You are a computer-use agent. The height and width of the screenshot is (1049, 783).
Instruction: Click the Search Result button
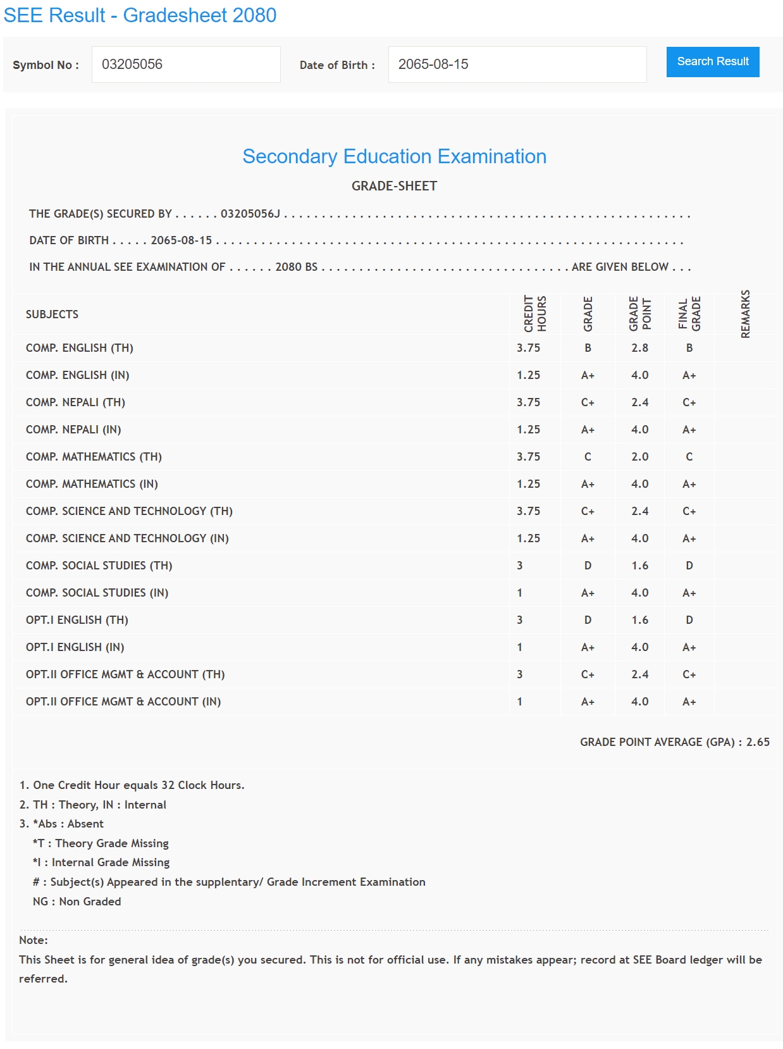coord(712,62)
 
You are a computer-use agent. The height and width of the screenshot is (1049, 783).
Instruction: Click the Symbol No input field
coord(186,65)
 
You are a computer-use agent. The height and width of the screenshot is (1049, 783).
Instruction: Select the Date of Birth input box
coord(517,65)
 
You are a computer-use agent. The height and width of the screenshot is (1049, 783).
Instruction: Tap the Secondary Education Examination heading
coord(394,156)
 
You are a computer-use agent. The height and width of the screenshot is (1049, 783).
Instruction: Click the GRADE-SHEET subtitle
coord(394,186)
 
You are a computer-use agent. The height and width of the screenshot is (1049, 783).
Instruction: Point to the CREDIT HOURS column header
coord(534,314)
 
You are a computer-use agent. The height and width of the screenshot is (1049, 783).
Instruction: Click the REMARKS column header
coord(745,314)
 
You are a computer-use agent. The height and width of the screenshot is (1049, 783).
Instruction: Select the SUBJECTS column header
coord(52,314)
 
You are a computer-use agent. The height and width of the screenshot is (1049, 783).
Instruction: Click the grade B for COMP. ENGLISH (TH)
coord(588,348)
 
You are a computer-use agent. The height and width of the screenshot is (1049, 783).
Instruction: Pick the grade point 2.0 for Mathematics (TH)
coord(639,457)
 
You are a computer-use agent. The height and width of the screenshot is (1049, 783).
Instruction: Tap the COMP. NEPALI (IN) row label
coord(73,430)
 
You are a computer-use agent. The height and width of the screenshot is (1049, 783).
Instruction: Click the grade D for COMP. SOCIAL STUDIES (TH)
coord(588,566)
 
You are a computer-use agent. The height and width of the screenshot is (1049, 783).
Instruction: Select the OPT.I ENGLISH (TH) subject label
coord(77,620)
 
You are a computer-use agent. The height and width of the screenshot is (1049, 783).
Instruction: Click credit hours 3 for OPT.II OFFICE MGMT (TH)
coord(520,674)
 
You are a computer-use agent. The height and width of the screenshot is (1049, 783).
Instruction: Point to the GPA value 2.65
coord(758,742)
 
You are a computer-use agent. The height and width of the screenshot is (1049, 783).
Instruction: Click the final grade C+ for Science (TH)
coord(689,511)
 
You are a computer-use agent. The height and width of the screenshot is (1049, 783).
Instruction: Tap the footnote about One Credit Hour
coord(132,785)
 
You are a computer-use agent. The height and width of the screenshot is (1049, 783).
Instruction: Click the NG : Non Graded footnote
coord(77,902)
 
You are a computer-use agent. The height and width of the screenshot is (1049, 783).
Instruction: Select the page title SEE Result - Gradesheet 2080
coord(140,15)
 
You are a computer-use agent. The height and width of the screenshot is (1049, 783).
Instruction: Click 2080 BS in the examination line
coord(296,267)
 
